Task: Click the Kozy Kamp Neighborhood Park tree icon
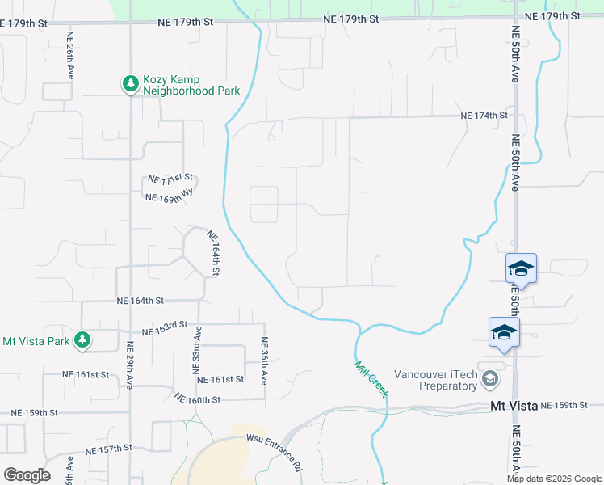pyautogui.click(x=130, y=83)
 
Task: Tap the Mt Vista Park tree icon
pyautogui.click(x=82, y=340)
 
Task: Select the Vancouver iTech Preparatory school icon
pyautogui.click(x=489, y=379)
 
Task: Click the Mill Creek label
pyautogui.click(x=371, y=377)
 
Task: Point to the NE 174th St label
pyautogui.click(x=484, y=116)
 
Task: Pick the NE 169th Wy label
pyautogui.click(x=169, y=195)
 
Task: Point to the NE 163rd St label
pyautogui.click(x=165, y=331)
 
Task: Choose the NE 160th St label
pyautogui.click(x=197, y=399)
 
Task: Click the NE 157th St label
pyautogui.click(x=108, y=449)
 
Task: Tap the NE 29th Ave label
pyautogui.click(x=130, y=365)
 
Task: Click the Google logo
pyautogui.click(x=27, y=474)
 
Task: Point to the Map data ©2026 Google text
pyautogui.click(x=555, y=479)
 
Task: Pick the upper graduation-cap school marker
pyautogui.click(x=521, y=268)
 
